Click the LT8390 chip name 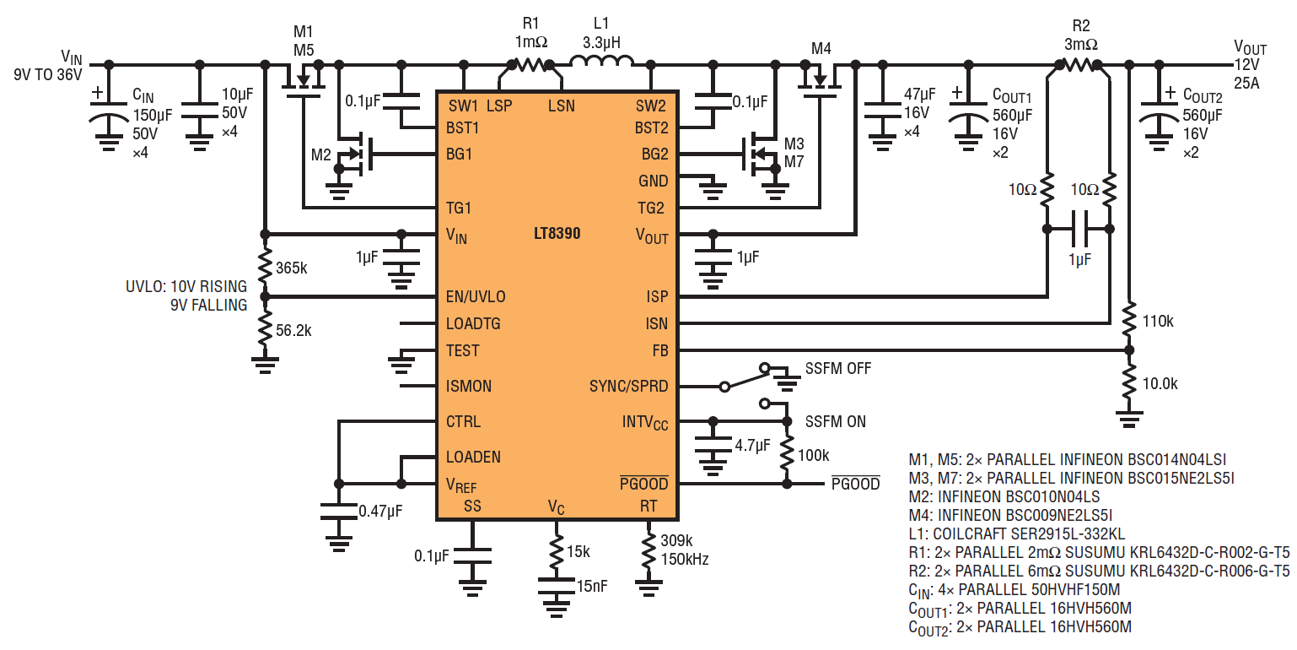557,234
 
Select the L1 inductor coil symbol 601,61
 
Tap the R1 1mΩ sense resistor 530,64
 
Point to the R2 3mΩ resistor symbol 1079,65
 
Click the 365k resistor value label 291,268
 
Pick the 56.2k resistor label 293,331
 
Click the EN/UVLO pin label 476,297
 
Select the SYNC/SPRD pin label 629,386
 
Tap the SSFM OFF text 838,369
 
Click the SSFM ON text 836,421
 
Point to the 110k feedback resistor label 1158,322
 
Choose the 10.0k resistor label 1160,384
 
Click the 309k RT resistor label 677,540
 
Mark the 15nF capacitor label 592,586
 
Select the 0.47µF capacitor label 380,511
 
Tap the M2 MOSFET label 320,154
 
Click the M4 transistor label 821,49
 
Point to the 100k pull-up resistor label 814,456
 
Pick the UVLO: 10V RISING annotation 186,286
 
